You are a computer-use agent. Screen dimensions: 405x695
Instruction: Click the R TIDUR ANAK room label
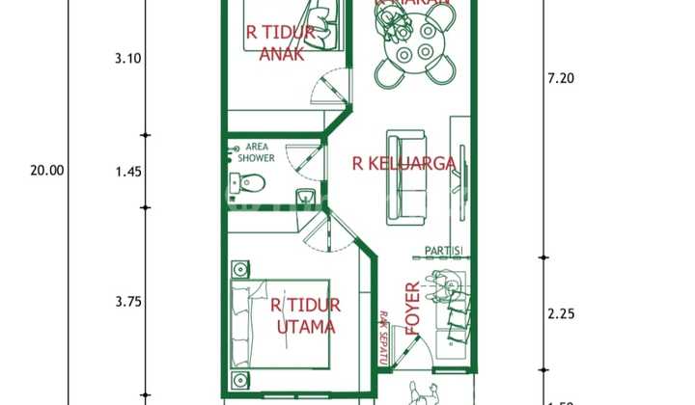280,42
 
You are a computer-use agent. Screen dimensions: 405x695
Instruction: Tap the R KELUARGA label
403,163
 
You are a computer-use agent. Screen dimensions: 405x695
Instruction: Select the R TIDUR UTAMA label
306,316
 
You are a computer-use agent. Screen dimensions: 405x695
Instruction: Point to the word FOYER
413,309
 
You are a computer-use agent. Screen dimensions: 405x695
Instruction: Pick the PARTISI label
444,252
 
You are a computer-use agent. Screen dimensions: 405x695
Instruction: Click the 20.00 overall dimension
46,171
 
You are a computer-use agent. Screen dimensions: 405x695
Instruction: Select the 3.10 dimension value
127,58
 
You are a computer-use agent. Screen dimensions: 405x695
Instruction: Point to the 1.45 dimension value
127,172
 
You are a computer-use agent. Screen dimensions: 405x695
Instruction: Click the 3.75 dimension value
127,302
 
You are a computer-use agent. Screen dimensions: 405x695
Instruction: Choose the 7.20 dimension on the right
560,79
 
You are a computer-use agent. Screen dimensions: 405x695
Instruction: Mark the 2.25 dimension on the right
560,313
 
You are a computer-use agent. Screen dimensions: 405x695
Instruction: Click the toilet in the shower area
251,181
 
